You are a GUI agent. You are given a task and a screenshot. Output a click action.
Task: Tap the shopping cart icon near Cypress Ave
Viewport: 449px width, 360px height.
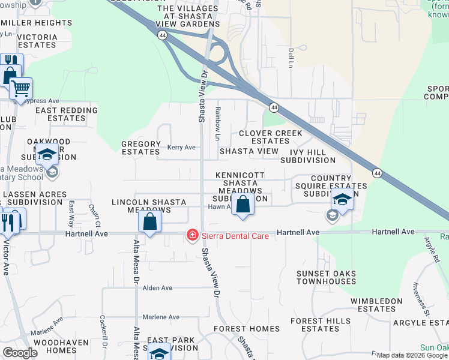20,89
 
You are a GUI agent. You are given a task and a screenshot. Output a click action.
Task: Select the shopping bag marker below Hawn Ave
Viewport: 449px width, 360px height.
243,205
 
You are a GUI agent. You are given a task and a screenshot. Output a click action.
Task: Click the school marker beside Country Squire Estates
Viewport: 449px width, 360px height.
342,199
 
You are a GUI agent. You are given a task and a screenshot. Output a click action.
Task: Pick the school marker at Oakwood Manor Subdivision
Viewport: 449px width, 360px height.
46,155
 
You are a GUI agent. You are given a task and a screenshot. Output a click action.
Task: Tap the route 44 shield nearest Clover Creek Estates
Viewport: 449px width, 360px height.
274,107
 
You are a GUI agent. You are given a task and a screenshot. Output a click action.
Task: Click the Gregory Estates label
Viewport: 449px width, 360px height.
141,148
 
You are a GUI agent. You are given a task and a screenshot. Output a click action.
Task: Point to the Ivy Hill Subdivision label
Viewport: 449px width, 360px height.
308,156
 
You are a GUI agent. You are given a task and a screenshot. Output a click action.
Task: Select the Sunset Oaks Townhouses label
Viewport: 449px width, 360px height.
326,277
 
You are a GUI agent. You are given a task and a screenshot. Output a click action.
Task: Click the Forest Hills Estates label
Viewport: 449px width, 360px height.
321,325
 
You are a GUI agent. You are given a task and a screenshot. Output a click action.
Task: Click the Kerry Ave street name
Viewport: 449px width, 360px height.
181,147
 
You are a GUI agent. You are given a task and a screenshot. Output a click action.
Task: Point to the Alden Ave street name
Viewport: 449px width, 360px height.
157,288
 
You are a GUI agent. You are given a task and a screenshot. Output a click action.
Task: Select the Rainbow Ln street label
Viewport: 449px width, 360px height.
218,120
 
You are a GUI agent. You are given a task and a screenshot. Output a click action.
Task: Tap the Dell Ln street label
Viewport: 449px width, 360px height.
291,58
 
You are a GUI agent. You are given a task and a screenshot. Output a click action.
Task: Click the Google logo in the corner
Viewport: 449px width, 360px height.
20,352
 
